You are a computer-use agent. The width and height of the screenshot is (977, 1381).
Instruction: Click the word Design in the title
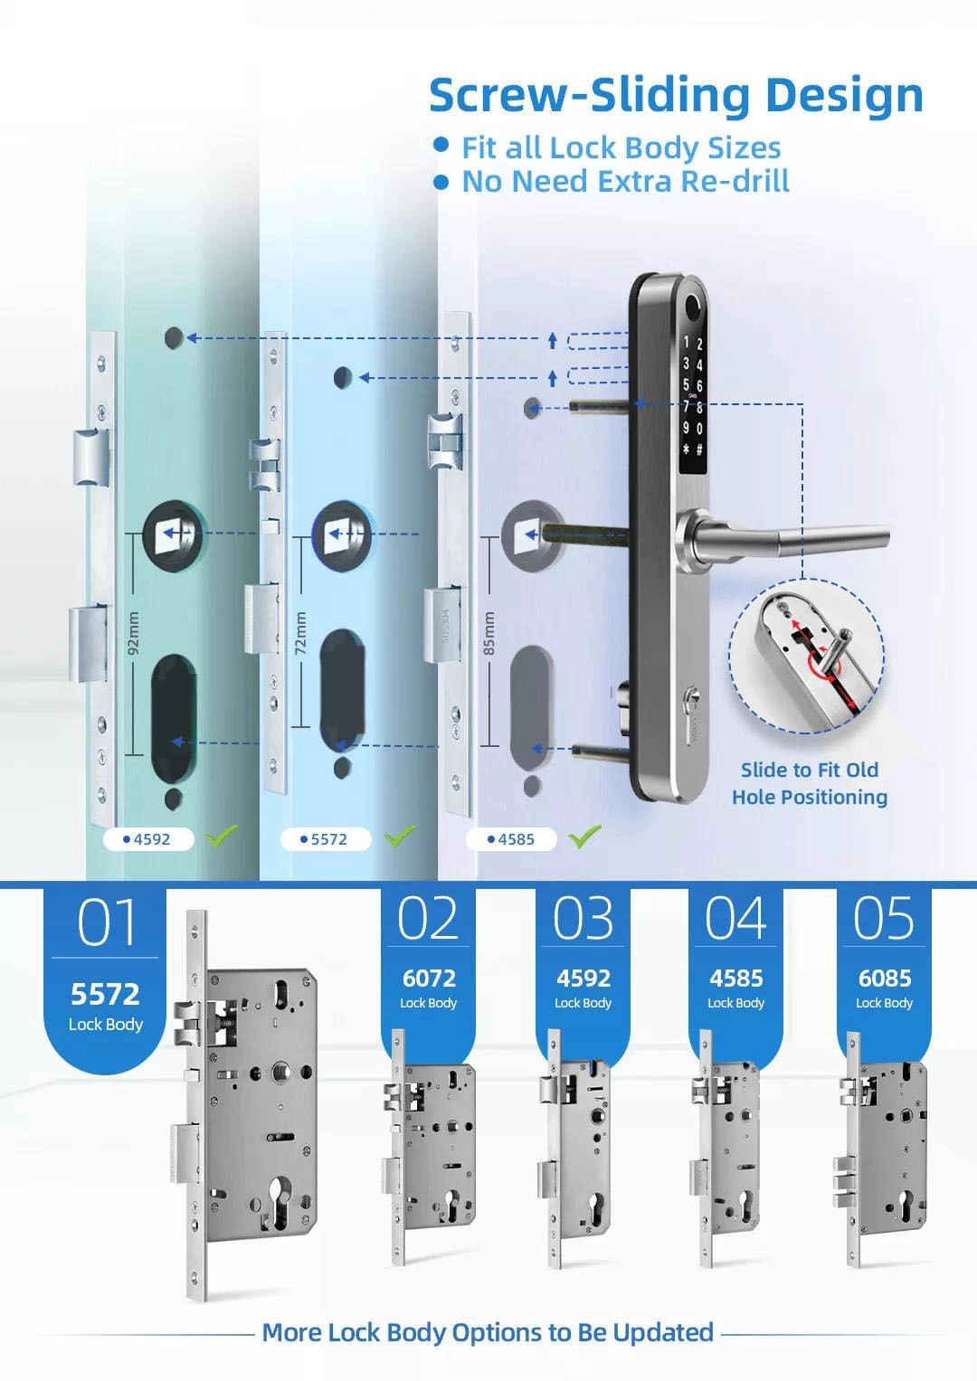pyautogui.click(x=844, y=96)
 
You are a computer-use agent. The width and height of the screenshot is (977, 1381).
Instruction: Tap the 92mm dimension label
pyautogui.click(x=134, y=633)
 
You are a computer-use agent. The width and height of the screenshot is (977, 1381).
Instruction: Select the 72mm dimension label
pyautogui.click(x=300, y=633)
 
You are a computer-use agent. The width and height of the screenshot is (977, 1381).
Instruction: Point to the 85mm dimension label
pyautogui.click(x=488, y=633)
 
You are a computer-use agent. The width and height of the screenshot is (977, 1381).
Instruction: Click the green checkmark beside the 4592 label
pyautogui.click(x=222, y=836)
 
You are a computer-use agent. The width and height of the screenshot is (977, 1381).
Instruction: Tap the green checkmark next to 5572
pyautogui.click(x=400, y=836)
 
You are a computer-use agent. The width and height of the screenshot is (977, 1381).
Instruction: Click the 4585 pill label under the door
pyautogui.click(x=511, y=839)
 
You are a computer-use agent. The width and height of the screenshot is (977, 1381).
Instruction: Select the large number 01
pyautogui.click(x=106, y=922)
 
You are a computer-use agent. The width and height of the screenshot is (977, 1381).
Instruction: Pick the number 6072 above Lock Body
pyautogui.click(x=429, y=979)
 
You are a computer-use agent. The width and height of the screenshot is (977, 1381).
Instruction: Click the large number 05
pyautogui.click(x=883, y=919)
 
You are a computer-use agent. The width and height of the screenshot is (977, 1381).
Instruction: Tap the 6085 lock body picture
pyautogui.click(x=883, y=1149)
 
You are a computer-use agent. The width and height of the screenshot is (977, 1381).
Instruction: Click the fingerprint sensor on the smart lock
pyautogui.click(x=695, y=305)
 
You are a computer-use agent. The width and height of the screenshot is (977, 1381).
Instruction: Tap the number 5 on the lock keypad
pyautogui.click(x=686, y=385)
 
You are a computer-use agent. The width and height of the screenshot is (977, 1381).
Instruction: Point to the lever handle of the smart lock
pyautogui.click(x=783, y=537)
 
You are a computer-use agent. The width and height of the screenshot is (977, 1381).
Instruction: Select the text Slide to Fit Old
pyautogui.click(x=810, y=770)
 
